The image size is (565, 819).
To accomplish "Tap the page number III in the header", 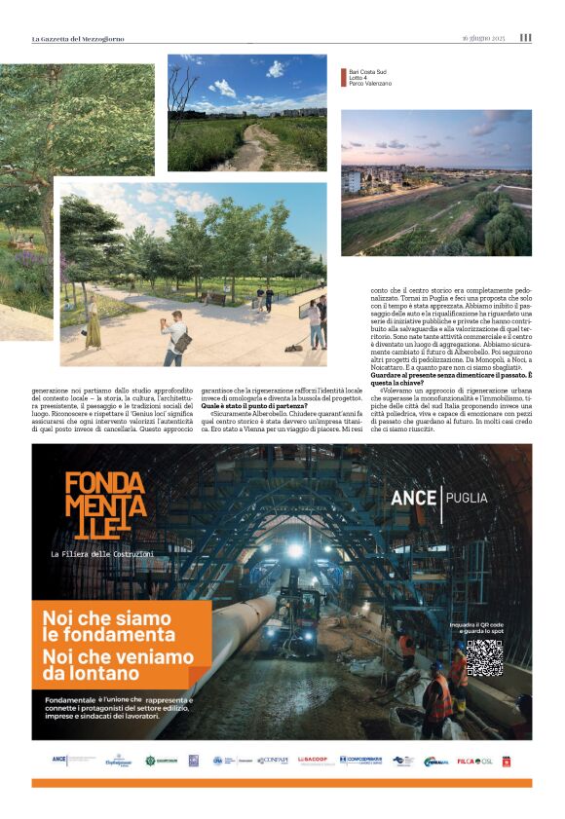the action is click(x=525, y=38).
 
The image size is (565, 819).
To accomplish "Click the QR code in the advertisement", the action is click(x=483, y=657).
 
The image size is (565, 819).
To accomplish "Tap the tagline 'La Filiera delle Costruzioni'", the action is click(x=102, y=554).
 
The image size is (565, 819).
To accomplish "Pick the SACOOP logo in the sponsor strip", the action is click(x=313, y=760).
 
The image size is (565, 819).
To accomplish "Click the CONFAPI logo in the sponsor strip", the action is click(x=272, y=760).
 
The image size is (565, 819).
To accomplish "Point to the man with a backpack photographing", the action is click(x=176, y=337).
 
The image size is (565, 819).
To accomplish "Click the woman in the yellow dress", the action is click(x=93, y=326).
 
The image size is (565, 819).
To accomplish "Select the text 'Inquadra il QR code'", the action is click(x=483, y=624).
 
